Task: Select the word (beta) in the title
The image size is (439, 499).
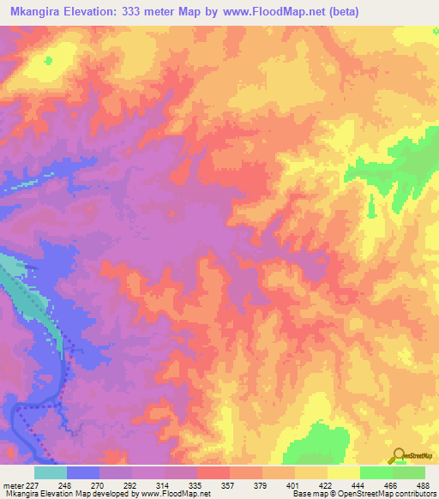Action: tap(339, 12)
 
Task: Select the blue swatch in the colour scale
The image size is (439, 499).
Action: tap(83, 472)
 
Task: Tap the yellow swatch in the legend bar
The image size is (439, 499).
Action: tap(344, 472)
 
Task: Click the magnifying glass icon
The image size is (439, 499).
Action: tap(398, 455)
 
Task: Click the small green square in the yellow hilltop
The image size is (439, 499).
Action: tap(48, 60)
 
